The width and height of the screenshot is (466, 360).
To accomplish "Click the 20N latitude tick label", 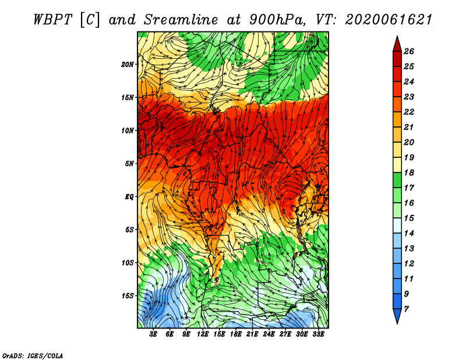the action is pos(127,65).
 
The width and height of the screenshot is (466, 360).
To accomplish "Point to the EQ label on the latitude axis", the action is pos(129,197).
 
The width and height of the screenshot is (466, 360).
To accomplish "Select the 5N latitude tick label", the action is pos(129,164).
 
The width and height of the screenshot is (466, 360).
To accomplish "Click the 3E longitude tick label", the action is pos(153,334).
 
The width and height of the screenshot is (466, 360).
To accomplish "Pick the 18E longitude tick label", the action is pos(236,334).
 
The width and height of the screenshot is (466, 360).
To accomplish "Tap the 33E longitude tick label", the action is pos(318,334).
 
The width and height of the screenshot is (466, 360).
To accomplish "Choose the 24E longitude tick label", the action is pos(269,334).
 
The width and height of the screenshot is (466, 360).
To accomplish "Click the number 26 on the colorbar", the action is pos(409,51).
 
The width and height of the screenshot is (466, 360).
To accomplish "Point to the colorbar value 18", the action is pos(409,172).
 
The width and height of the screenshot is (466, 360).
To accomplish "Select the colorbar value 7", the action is pos(406,309).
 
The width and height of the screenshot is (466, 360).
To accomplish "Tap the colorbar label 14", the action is pos(409,234).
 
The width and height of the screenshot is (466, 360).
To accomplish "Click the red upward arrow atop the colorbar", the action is pos(397,44).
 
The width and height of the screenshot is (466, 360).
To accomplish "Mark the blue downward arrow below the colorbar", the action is pos(397,316).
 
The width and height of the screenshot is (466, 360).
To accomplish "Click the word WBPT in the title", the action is pos(53,20).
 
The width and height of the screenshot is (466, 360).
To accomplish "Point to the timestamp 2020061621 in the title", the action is pos(389,20).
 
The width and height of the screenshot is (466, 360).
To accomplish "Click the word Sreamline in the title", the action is pos(181,20).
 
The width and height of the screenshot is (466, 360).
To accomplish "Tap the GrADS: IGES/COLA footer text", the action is pos(33,355).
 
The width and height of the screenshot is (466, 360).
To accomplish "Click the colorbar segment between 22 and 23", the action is pos(397,104).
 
